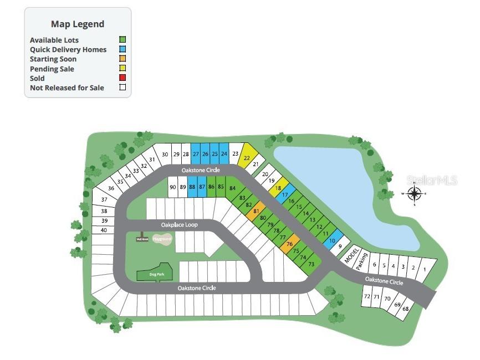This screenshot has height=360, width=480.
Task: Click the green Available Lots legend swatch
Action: (123, 40)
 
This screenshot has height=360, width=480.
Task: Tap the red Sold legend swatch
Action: (123, 78)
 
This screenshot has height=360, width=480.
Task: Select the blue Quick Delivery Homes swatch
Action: (123, 49)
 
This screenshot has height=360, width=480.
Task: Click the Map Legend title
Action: (78, 24)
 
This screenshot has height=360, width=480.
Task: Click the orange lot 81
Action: (256, 212)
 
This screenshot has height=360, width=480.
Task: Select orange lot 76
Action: (290, 244)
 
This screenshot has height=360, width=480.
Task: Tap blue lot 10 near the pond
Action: (333, 241)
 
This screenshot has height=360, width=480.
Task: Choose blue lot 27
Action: (196, 153)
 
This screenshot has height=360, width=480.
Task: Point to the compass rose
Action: (414, 193)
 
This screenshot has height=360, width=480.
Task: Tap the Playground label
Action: (162, 238)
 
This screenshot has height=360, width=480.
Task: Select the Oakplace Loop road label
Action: (179, 225)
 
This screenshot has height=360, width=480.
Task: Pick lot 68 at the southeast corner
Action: (406, 308)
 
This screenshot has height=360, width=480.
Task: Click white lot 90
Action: (173, 187)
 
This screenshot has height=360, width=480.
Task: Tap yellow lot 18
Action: (278, 188)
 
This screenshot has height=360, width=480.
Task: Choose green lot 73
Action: (311, 264)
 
